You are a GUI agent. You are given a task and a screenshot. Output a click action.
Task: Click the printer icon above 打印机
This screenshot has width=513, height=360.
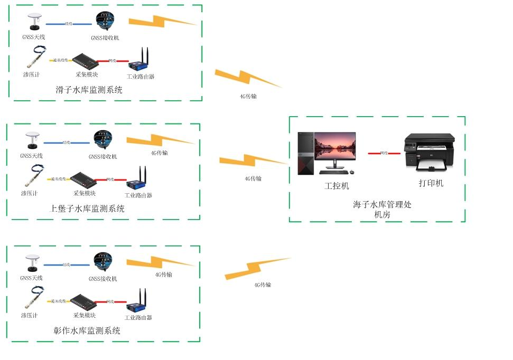429,152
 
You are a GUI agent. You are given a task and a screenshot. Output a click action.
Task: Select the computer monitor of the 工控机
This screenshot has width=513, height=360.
335,148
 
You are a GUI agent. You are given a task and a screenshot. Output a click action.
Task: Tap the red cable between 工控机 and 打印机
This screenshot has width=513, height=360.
384,153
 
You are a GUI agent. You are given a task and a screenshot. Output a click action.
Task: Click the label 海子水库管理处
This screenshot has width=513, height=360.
382,205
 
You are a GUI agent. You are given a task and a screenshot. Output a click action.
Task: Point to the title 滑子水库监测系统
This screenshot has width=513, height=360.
89,90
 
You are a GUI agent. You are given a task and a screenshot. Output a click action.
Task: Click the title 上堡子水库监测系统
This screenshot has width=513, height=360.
87,209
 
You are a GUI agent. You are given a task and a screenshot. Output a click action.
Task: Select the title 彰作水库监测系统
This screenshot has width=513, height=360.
87,331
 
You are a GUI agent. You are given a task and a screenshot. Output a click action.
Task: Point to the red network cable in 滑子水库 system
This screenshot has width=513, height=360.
112,61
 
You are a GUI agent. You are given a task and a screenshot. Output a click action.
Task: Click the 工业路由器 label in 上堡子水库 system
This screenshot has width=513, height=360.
138,195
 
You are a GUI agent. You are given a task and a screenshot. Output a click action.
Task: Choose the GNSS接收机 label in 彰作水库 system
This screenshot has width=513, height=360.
102,279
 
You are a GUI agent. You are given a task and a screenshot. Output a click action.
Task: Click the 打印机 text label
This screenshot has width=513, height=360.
431,184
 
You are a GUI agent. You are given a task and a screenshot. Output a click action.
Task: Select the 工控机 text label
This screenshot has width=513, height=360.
336,186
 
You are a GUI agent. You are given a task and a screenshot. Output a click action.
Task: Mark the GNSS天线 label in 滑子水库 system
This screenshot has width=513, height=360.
34,37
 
